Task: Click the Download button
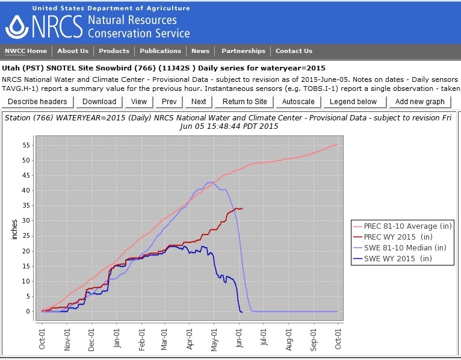click(99, 102)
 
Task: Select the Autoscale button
click(299, 102)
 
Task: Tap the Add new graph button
click(419, 102)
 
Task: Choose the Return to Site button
click(245, 102)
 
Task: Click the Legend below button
click(353, 102)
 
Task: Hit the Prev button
click(169, 102)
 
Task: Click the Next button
click(199, 102)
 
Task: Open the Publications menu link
click(160, 51)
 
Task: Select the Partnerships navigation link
click(243, 51)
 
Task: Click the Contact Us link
click(294, 51)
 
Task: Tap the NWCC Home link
click(26, 51)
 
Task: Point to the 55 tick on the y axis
click(26, 145)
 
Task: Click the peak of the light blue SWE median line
click(211, 182)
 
